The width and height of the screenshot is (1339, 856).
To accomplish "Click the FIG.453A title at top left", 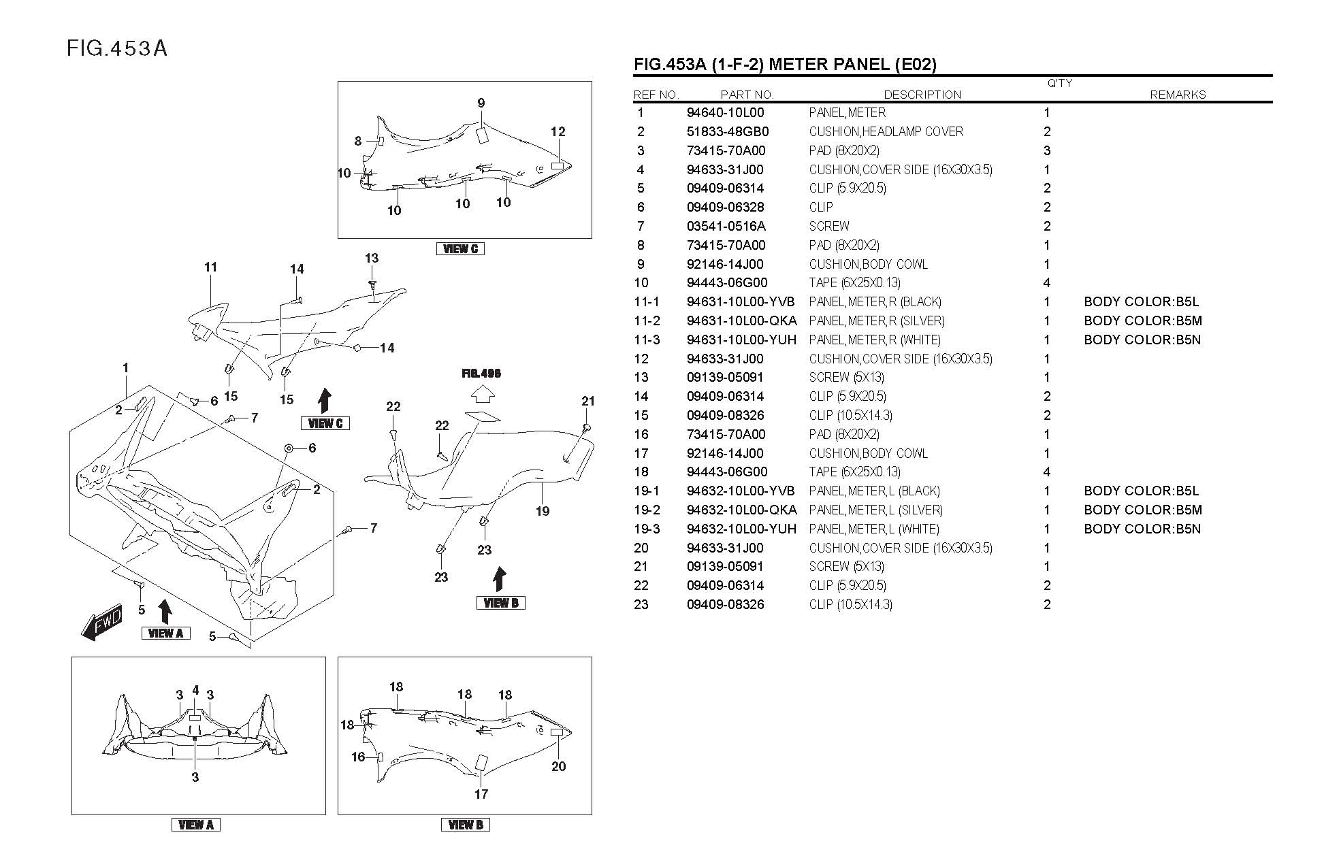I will tap(117, 49).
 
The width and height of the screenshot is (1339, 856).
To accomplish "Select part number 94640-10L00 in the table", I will tap(725, 113).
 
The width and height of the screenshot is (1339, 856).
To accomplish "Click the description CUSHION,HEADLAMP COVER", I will tap(886, 132).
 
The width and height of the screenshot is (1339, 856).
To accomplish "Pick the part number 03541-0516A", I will tap(726, 226).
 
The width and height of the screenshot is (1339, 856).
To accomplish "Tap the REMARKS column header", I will tap(1177, 95).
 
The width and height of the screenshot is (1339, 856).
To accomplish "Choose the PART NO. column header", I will tap(747, 95).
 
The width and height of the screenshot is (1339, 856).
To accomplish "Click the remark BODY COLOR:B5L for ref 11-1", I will tap(1141, 302).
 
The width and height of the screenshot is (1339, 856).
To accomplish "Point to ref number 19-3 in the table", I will tap(646, 529).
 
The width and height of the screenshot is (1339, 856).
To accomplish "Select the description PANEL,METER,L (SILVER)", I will tap(875, 510).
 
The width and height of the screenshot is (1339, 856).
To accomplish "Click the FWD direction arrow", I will tap(101, 623).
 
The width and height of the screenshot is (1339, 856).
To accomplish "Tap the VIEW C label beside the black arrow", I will tap(325, 423).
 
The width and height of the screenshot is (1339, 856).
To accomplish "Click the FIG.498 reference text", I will tap(481, 374).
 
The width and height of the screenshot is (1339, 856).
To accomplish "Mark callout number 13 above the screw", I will tap(372, 259).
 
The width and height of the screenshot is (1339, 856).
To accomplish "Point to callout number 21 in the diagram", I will tap(588, 401).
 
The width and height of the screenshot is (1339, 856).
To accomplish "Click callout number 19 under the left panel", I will tap(542, 511).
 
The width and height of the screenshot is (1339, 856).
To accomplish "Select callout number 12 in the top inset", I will tap(558, 132).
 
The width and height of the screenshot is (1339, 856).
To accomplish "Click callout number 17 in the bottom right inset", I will tap(481, 794).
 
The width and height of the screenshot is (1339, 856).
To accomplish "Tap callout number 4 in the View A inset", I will tap(195, 691).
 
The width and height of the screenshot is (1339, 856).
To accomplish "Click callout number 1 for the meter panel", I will tap(125, 368).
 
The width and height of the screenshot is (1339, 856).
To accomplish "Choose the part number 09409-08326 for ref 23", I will tap(725, 604).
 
